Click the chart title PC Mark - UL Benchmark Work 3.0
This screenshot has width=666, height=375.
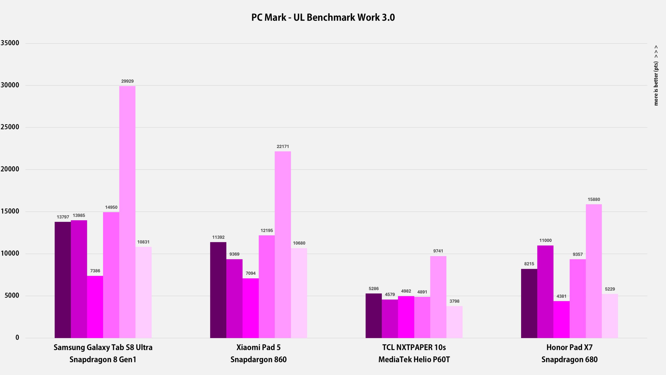pos(323,17)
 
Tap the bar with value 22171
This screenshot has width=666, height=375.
pos(283,245)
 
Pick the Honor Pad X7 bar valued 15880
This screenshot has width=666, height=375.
pos(594,271)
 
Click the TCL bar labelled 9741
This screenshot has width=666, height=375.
pos(438,297)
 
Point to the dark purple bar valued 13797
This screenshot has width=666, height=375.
pos(63,280)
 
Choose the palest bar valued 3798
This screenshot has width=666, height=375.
pos(454,322)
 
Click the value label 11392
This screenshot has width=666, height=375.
pos(218,237)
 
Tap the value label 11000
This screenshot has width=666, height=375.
pos(545,240)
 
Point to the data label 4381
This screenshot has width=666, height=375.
pos(561,296)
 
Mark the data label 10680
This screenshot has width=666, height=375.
pos(299,243)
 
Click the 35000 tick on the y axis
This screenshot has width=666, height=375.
pos(10,43)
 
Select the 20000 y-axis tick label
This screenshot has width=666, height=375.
pos(10,169)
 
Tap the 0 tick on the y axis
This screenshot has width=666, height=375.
pos(17,338)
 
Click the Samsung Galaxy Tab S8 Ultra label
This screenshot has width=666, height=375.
pos(103,347)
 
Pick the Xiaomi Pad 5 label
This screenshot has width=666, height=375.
pos(258,347)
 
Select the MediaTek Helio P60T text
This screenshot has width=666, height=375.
pos(414,360)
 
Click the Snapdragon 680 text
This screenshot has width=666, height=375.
pos(569,360)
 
